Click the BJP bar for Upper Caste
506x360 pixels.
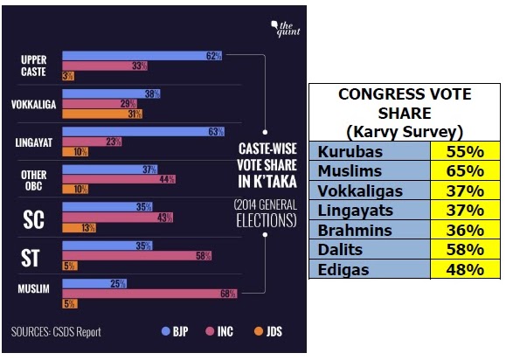pyautogui.click(x=142, y=56)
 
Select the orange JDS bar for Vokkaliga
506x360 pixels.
pyautogui.click(x=102, y=114)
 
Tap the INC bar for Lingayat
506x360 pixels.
pyautogui.click(x=92, y=142)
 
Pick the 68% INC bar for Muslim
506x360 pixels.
pyautogui.click(x=149, y=294)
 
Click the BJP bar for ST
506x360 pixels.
pyautogui.click(x=107, y=246)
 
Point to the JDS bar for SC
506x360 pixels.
pyautogui.click(x=79, y=228)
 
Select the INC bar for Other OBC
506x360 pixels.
pyautogui.click(x=119, y=179)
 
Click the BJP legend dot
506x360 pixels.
pyautogui.click(x=165, y=331)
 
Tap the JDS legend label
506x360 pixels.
pyautogui.click(x=274, y=332)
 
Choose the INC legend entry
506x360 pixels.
pyautogui.click(x=219, y=332)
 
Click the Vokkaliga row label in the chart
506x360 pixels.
pyautogui.click(x=33, y=105)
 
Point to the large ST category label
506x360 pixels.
pyautogui.click(x=31, y=258)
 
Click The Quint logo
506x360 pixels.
pyautogui.click(x=285, y=29)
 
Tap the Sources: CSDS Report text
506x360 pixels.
pyautogui.click(x=56, y=332)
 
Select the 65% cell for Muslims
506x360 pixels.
pyautogui.click(x=465, y=171)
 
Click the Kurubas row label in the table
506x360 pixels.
pyautogui.click(x=350, y=152)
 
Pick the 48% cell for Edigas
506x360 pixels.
pyautogui.click(x=465, y=269)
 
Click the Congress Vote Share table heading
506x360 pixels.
pyautogui.click(x=405, y=113)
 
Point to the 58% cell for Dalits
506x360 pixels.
pyautogui.click(x=465, y=250)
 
